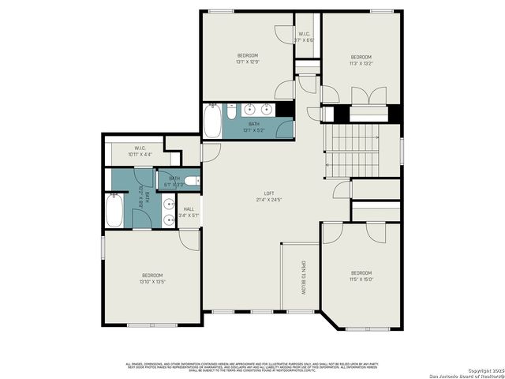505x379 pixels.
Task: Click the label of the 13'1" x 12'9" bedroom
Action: (248, 55)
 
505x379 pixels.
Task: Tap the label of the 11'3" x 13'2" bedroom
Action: (361, 57)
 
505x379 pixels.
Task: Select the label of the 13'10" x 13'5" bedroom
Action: (151, 275)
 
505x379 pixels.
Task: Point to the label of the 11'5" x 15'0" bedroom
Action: (361, 273)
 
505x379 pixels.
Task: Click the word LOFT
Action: (269, 194)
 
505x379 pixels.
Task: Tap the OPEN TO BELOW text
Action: (303, 277)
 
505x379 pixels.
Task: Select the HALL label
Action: (189, 209)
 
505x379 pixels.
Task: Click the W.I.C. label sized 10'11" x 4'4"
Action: (140, 148)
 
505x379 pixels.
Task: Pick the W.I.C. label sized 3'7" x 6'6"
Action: (305, 34)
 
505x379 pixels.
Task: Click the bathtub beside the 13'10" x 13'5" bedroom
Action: (115, 212)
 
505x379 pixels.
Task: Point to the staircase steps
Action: (353, 155)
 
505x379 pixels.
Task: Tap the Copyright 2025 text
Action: (484, 370)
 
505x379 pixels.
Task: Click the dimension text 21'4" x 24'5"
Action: (269, 201)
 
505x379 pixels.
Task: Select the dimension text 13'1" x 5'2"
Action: (254, 129)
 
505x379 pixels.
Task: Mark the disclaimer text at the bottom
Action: (252, 366)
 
